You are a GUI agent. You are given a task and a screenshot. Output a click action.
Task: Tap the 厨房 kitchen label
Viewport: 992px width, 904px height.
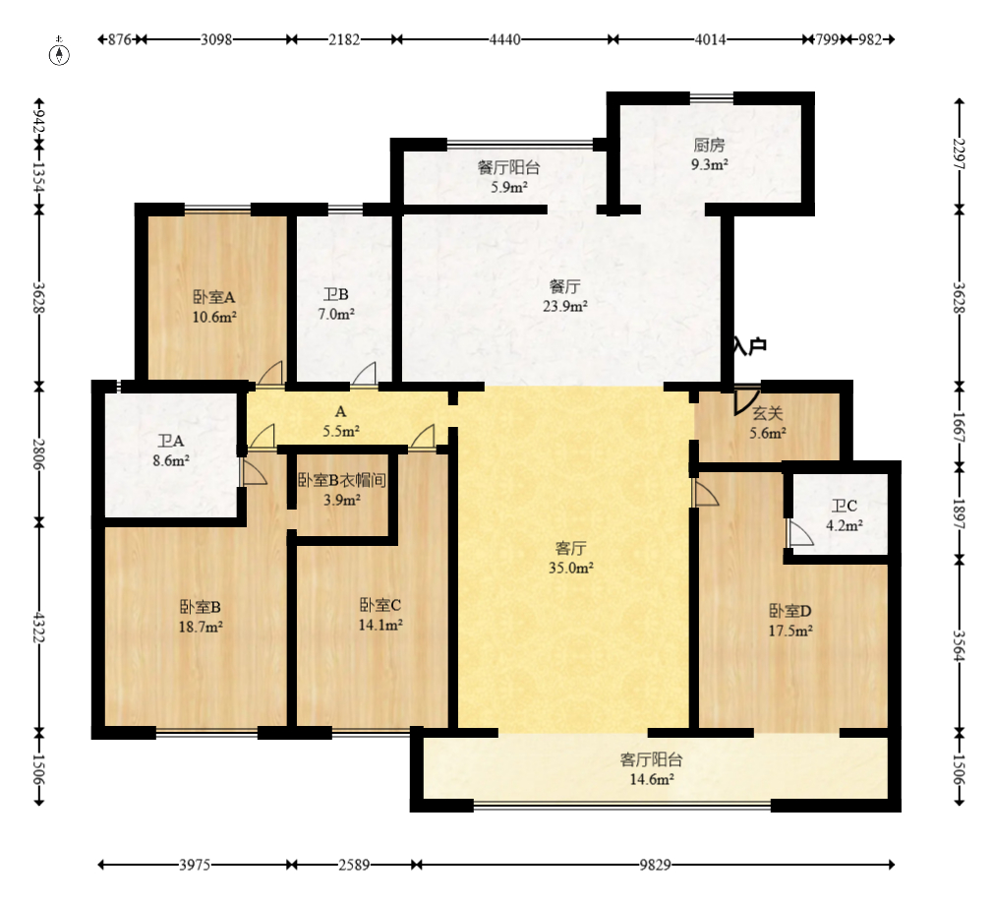tap(709, 145)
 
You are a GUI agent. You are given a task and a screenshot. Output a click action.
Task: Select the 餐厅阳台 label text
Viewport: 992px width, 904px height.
tap(508, 168)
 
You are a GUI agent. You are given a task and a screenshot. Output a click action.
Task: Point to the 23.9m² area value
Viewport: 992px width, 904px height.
tap(565, 306)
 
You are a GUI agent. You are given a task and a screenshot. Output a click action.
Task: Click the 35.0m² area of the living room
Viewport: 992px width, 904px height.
tap(570, 568)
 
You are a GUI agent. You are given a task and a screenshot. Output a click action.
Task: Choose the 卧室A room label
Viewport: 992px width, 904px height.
tap(214, 297)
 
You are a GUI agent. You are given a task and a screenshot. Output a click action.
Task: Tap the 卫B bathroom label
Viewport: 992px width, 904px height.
tap(336, 294)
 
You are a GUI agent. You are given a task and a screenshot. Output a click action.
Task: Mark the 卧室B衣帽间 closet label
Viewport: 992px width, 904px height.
tap(341, 480)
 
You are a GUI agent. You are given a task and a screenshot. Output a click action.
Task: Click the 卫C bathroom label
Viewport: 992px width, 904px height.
tap(844, 506)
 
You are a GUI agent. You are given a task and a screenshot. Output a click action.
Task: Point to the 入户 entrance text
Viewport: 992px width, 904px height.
tap(750, 345)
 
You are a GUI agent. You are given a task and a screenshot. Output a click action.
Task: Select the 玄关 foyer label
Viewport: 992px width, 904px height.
tap(768, 414)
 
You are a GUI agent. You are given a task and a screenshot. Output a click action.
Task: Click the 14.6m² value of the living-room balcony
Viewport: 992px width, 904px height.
tap(651, 779)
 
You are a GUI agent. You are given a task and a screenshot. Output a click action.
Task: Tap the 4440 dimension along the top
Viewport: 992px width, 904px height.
tap(505, 39)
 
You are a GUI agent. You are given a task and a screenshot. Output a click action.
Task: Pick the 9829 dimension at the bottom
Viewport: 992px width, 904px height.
tap(655, 864)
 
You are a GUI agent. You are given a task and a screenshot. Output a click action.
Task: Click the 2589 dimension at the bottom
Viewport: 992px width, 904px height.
tap(354, 864)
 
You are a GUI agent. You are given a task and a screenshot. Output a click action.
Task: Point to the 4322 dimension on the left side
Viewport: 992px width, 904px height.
tap(39, 627)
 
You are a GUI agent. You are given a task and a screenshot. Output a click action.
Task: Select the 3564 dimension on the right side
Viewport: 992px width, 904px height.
tap(960, 645)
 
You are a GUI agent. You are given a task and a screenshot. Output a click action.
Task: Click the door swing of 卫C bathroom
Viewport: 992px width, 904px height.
tap(800, 533)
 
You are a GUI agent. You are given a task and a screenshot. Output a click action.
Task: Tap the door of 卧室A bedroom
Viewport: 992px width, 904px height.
tap(270, 373)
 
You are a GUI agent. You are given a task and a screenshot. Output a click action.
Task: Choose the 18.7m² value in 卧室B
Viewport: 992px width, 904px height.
tap(201, 628)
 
